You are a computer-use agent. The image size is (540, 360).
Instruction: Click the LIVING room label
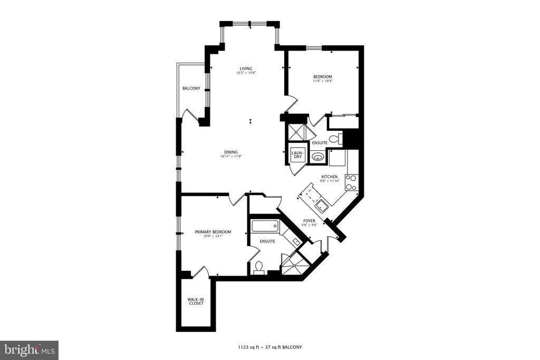click(246, 69)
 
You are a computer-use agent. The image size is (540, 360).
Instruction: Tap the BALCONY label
click(191, 89)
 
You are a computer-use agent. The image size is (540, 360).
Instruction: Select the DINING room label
click(231, 152)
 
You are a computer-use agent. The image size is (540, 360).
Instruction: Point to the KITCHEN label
click(330, 177)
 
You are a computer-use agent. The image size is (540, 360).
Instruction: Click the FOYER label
click(309, 221)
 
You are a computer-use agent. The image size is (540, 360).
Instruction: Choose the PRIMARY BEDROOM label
click(213, 232)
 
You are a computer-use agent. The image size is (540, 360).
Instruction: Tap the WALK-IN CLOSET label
click(196, 301)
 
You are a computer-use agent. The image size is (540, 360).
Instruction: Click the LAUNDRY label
click(298, 155)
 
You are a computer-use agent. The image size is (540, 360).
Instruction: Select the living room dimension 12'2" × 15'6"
click(246, 73)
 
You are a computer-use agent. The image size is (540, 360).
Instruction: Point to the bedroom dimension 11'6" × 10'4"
click(322, 81)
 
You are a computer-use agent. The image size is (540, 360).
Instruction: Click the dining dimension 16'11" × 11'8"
click(231, 156)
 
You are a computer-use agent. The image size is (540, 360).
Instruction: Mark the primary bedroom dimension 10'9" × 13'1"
click(213, 236)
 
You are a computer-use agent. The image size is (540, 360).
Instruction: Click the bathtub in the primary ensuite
click(265, 226)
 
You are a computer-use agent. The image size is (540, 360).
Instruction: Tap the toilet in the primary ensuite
click(259, 267)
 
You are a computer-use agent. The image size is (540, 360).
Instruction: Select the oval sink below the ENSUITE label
click(317, 158)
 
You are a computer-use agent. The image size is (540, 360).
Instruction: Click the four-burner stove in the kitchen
click(351, 183)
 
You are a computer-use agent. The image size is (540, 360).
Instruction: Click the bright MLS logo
click(30, 351)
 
